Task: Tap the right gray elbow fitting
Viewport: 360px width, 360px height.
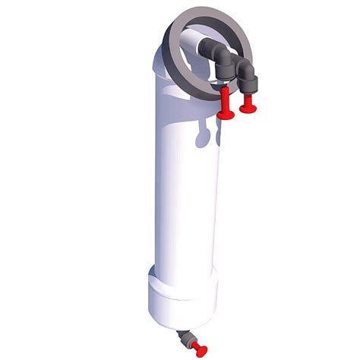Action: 246,71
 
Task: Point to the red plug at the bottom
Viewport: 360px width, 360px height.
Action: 199,347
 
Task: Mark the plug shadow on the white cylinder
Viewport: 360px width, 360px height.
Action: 204,137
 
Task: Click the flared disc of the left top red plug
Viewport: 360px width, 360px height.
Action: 226,115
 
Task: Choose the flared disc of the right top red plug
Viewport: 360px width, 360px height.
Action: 247,108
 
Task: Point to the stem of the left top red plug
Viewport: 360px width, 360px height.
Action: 225,99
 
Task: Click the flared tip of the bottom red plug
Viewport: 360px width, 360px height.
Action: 201,349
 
